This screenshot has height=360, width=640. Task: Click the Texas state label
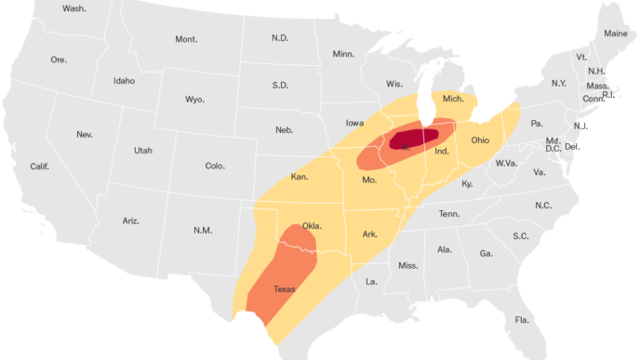coord(285,289)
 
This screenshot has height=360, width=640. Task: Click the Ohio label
coord(479,140)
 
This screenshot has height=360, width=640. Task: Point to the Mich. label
coord(453,99)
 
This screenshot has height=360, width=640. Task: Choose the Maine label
coord(616,33)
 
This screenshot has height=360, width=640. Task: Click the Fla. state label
coord(522,320)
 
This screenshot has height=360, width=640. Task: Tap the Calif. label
coord(40,167)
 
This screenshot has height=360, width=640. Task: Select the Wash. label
coord(73,8)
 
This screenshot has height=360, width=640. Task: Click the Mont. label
coord(186,39)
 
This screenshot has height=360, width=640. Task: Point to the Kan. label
coord(300,177)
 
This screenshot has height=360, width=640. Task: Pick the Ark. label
coord(370,234)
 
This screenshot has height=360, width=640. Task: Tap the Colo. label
coord(215,166)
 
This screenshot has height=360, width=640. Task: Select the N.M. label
coord(202,230)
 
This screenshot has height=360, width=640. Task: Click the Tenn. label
coord(450,214)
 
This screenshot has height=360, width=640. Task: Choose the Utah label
coord(142,150)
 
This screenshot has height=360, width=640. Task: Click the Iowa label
coord(354,123)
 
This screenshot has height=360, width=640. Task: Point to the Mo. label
coord(369,180)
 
